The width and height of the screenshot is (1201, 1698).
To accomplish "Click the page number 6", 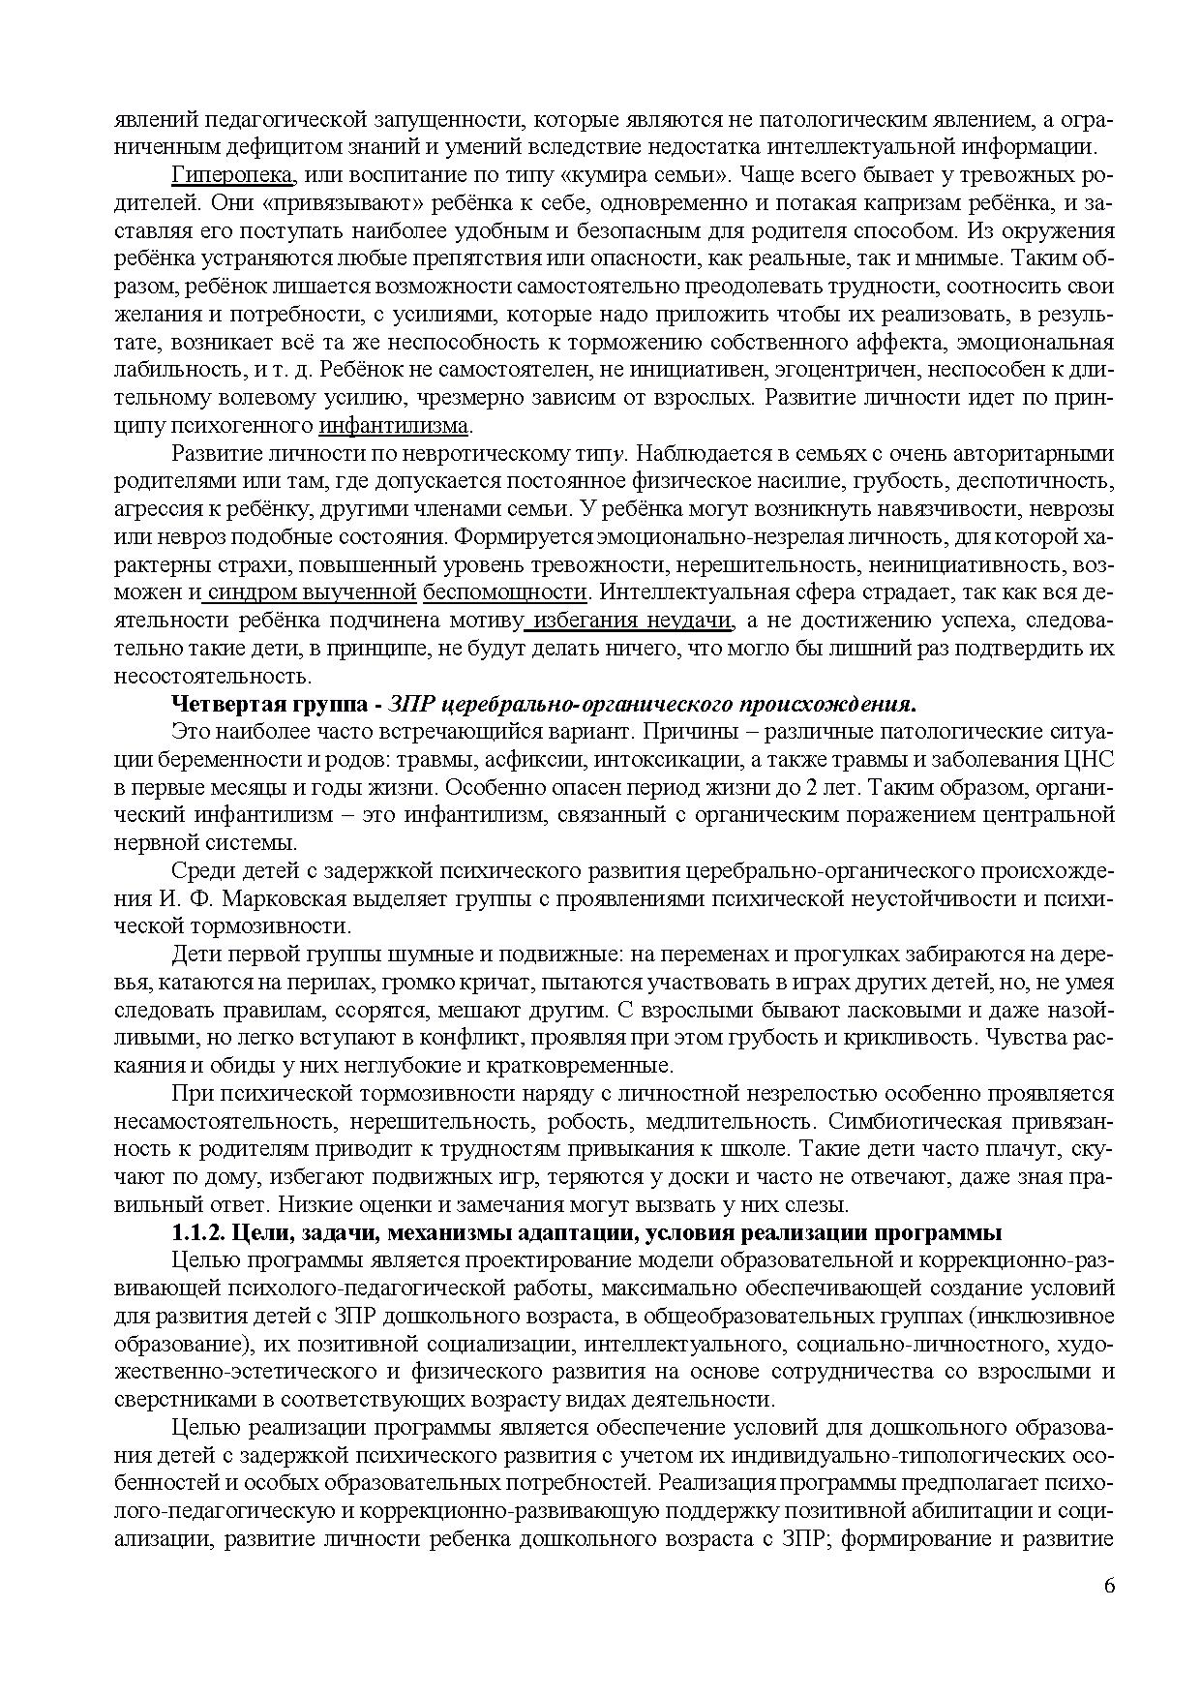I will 1108,1586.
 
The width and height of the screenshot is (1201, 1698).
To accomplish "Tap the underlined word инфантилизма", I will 393,425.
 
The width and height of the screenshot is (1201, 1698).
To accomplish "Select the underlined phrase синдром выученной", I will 311,591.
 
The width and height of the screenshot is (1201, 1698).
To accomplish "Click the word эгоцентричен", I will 769,370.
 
